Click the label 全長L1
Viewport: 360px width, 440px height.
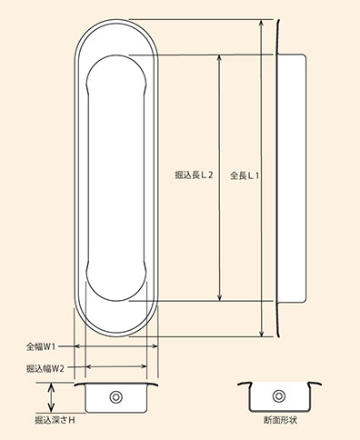coord(245,175)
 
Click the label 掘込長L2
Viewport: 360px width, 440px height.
coord(195,175)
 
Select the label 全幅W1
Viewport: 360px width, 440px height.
coord(41,346)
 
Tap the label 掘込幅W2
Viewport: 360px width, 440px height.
coord(45,368)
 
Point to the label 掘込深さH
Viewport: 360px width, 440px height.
coord(55,420)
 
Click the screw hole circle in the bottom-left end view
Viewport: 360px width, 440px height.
coord(116,397)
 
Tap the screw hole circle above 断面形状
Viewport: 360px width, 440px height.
coord(279,396)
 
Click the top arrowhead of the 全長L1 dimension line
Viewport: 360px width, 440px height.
coord(262,24)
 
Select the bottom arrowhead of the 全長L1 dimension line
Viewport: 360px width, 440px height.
coord(262,333)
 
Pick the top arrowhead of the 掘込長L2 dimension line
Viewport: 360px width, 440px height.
coord(220,59)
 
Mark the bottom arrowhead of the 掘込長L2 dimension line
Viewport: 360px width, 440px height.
coord(220,297)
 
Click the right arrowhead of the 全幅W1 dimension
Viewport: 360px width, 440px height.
coord(155,346)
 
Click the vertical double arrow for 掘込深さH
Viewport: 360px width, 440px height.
coord(52,397)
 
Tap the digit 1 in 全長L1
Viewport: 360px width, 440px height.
coord(257,175)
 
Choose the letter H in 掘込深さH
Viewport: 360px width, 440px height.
coord(72,420)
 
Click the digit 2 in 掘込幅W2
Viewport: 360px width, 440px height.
coord(62,369)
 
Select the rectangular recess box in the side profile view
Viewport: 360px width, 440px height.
coord(292,178)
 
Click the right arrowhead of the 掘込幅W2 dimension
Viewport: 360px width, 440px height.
coord(143,366)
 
